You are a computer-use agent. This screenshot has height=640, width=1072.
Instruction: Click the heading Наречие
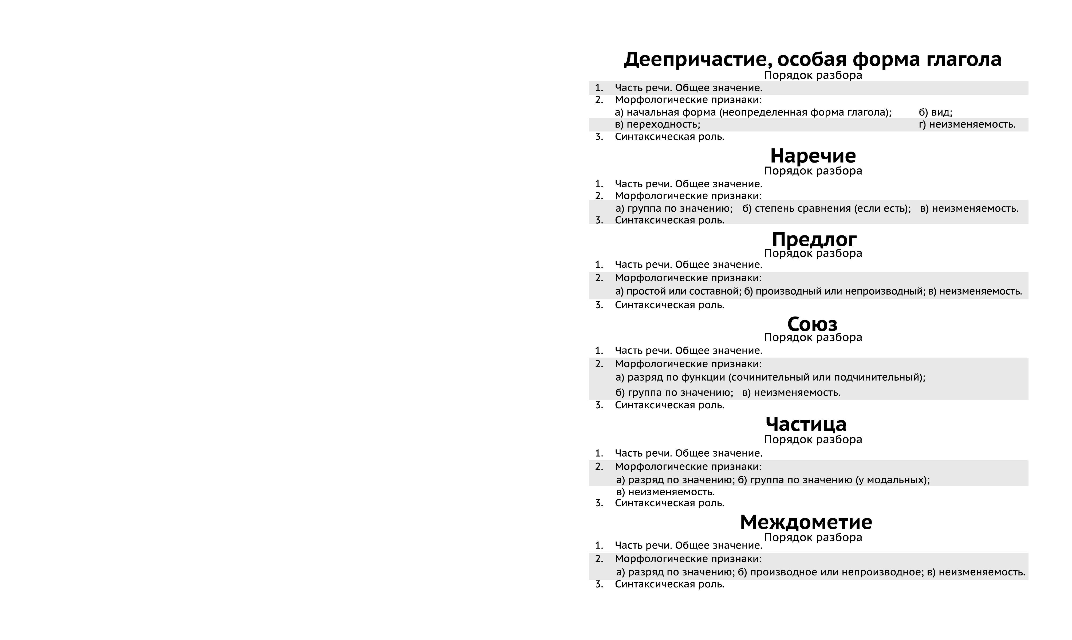click(x=813, y=156)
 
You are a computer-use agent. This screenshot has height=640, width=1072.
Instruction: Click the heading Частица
click(x=806, y=424)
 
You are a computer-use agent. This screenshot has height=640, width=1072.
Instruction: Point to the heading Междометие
click(x=806, y=522)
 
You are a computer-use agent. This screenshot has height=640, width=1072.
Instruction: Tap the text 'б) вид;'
click(x=935, y=113)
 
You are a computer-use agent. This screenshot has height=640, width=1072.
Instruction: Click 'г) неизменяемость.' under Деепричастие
click(x=967, y=125)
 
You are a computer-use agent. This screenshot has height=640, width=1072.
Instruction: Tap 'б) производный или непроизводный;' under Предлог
click(x=834, y=291)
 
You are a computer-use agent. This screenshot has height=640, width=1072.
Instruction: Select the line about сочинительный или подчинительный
click(x=770, y=378)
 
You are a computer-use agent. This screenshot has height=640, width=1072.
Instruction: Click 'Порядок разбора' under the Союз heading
click(x=813, y=338)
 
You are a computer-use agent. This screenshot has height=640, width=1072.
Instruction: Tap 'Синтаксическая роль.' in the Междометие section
click(x=669, y=584)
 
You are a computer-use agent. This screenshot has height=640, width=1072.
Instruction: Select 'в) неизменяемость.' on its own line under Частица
click(x=665, y=492)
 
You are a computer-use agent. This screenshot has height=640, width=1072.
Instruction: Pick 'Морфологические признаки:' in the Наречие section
click(x=688, y=196)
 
